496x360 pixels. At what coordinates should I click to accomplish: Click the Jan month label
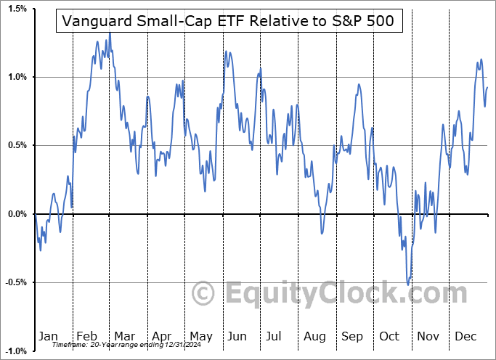(47, 336)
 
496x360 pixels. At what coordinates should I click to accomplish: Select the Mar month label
(124, 336)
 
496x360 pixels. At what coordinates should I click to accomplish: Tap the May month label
(201, 336)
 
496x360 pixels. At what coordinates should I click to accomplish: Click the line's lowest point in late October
(409, 284)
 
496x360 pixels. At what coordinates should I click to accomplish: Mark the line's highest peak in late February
(110, 33)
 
